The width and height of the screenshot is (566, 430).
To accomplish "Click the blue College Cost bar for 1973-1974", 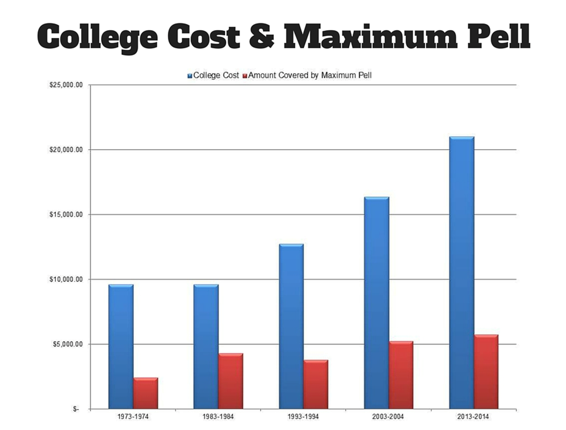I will click(x=121, y=347).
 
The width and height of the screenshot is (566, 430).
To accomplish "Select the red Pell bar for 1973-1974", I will click(x=145, y=393).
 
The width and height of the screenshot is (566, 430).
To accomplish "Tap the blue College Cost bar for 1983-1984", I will click(x=206, y=347).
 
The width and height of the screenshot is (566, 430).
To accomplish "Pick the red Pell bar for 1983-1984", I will click(x=230, y=381).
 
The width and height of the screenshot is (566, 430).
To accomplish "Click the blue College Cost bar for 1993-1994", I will click(x=291, y=326).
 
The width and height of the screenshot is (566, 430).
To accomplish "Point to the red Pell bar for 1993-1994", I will click(x=316, y=384).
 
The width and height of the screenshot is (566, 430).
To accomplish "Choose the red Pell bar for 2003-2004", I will click(x=401, y=375).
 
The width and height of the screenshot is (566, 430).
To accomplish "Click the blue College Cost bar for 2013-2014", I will click(x=462, y=272).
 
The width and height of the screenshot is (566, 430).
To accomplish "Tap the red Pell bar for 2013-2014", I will click(x=486, y=372).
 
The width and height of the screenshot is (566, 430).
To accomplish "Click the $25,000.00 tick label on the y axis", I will click(x=66, y=85).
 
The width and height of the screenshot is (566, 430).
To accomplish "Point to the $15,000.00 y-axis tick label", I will click(x=66, y=215).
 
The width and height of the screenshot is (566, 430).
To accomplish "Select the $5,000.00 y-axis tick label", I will click(x=68, y=344).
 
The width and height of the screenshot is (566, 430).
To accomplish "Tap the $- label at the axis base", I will click(x=76, y=409).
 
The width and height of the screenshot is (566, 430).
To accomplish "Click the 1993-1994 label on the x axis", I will click(x=303, y=417).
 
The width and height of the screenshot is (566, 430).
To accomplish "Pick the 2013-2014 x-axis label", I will click(x=473, y=417).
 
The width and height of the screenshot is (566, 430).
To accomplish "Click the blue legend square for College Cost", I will click(x=190, y=76).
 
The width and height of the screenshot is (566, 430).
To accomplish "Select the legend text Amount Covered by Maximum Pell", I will click(x=310, y=75).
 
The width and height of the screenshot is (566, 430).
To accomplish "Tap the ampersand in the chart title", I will click(x=261, y=37).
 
